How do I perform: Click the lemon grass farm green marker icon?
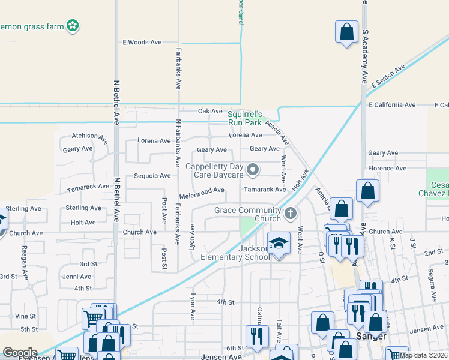click(73, 26)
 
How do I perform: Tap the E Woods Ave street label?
click(142, 43)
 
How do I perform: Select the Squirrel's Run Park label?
click(245, 118)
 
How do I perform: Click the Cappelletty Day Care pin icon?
click(253, 170)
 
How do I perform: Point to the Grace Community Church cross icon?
click(291, 212)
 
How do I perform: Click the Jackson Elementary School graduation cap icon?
click(277, 242)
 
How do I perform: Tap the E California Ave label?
click(393, 105)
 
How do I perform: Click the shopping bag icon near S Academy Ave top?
click(347, 32)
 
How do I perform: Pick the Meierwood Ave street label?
click(202, 190)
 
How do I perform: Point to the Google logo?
click(20, 353)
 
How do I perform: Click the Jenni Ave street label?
click(77, 277)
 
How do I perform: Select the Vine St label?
click(26, 316)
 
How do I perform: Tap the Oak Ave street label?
click(210, 112)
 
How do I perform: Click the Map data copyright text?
click(422, 355)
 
